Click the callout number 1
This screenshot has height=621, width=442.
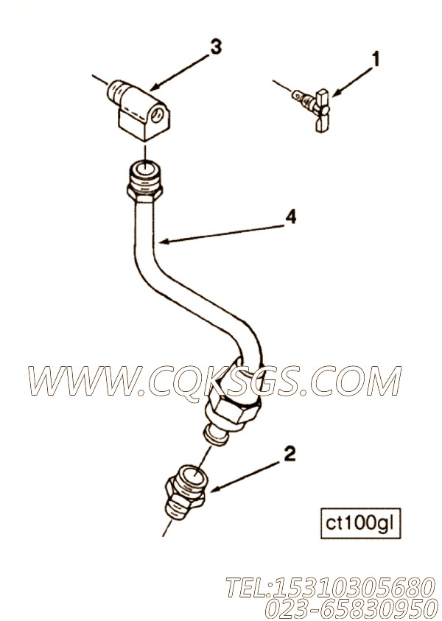pos(375,60)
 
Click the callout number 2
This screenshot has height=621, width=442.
pos(290,455)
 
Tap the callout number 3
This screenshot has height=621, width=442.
pos(215,47)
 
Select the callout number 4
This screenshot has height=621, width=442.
pos(291,217)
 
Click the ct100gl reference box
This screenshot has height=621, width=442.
pos(360,524)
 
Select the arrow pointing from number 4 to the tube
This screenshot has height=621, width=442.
pos(222,234)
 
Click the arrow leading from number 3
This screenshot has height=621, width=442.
pos(179,71)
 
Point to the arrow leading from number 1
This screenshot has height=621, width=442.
pos(352,82)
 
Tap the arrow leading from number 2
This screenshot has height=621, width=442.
pos(247,477)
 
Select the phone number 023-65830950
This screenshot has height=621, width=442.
pos(351,608)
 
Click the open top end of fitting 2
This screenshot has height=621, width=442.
pos(192,473)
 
